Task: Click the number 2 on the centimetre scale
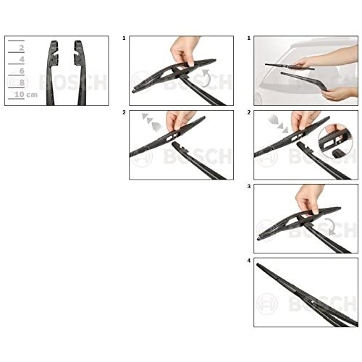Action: pos(22,48)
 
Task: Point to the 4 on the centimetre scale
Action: pos(22,59)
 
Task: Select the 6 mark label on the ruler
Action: pos(22,71)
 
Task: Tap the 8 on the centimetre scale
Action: pos(22,83)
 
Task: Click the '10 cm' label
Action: pos(26,94)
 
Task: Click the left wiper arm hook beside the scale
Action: pos(53,72)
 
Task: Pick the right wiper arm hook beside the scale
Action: pos(80,72)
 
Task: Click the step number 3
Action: pos(249,187)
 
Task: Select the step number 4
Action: pos(249,261)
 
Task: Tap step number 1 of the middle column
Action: pos(124,38)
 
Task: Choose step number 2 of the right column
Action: pos(249,112)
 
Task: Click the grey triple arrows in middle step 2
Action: pos(151,122)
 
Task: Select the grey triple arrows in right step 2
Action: pos(278,124)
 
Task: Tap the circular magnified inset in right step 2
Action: pos(336,142)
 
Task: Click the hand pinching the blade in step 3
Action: pos(310,198)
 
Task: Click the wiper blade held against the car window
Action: pos(290,67)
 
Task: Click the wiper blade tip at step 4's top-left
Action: pos(258,265)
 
